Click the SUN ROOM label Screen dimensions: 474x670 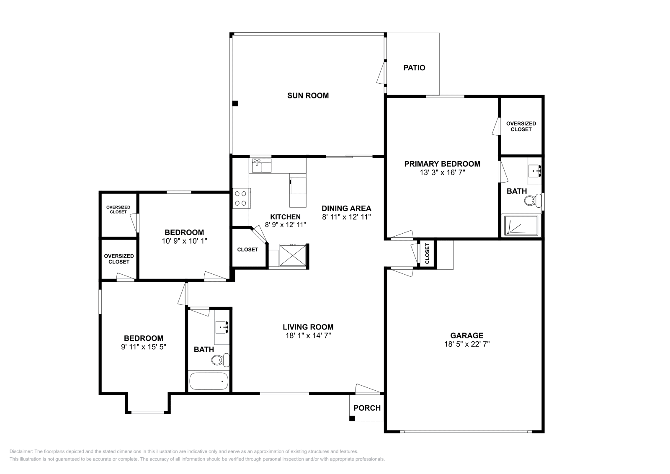[308, 95]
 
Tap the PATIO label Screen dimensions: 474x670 [414, 68]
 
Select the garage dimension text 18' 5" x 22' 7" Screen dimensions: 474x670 [466, 344]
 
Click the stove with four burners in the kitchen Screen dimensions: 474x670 [241, 198]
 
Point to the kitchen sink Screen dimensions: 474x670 [261, 165]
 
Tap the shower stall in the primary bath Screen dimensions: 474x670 [521, 225]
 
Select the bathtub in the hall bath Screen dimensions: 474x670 [209, 381]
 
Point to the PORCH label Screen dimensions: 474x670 [367, 408]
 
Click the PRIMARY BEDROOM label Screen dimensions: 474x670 [442, 164]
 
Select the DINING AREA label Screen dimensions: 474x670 [346, 208]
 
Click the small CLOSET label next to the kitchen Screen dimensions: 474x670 [247, 250]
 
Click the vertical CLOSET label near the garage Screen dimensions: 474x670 [427, 254]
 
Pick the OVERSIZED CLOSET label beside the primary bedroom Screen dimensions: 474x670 [521, 126]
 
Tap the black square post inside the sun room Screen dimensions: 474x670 [235, 103]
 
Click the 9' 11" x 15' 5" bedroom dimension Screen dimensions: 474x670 [144, 347]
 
